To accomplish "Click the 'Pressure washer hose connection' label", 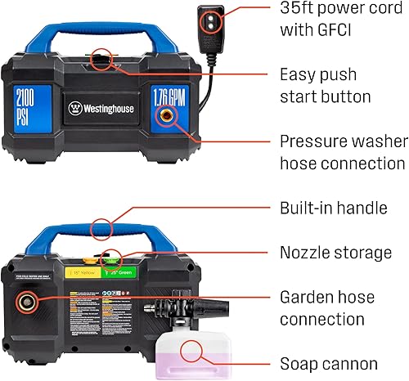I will coord(342,152).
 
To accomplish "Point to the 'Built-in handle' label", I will coord(333,208).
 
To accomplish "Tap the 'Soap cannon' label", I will coord(329,364).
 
